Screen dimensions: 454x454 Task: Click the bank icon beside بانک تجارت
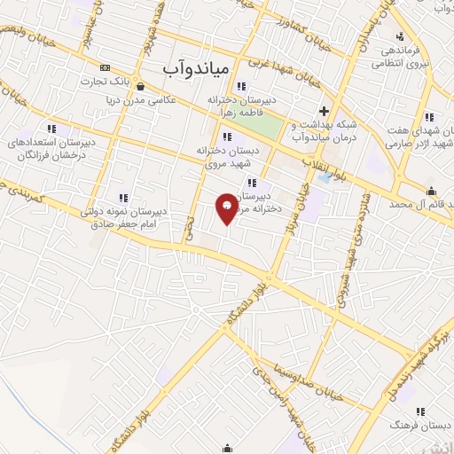point(106,67)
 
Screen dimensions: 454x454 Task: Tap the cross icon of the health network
point(325,112)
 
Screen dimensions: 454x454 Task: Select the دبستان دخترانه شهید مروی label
point(228,156)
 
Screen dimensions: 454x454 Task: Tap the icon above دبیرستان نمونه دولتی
point(122,197)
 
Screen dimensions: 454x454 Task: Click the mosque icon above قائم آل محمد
point(432,191)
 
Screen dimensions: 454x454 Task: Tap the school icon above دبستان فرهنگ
point(420,411)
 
